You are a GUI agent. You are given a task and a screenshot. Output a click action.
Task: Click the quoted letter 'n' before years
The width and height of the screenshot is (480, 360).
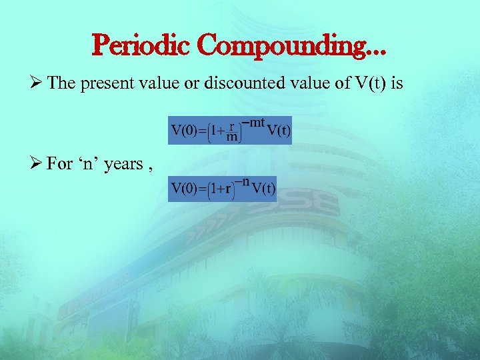[x=89, y=163]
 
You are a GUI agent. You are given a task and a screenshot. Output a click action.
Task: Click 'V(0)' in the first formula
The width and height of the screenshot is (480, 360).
[x=184, y=130]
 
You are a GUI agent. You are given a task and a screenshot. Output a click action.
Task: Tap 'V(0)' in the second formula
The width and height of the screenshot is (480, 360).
[x=184, y=188]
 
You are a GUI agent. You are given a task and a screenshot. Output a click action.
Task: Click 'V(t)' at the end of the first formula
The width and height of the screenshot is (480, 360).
[x=278, y=130]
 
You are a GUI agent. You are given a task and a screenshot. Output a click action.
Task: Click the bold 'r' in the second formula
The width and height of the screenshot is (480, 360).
[x=228, y=189]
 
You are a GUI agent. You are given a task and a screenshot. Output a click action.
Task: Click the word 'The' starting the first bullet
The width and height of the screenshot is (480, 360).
[x=62, y=84]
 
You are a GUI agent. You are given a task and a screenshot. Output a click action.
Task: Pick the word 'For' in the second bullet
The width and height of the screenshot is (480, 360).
[x=61, y=163]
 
